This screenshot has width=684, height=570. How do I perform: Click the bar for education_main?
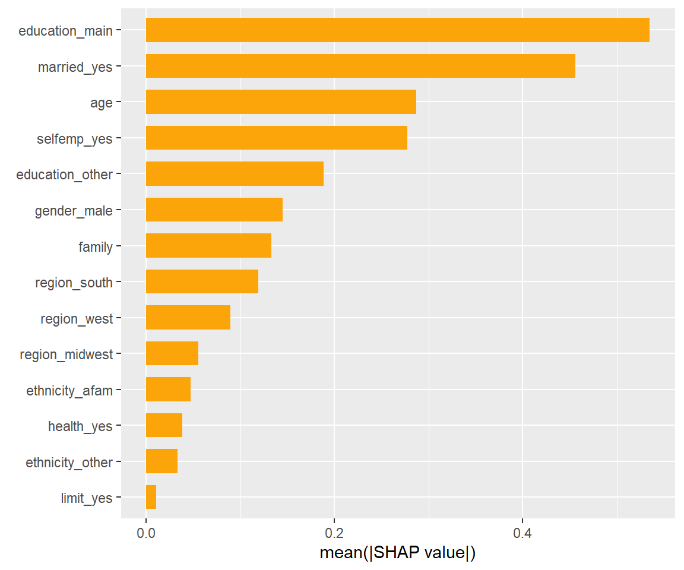(x=397, y=30)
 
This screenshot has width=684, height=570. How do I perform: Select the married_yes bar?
(x=360, y=66)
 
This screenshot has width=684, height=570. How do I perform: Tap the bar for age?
(x=281, y=102)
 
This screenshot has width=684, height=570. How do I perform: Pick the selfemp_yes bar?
(x=276, y=138)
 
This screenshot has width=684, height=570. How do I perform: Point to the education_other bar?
(x=235, y=174)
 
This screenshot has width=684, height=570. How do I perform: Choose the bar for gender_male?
(x=214, y=210)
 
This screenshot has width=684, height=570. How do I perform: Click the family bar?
(x=208, y=246)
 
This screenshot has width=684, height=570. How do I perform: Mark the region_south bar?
(x=202, y=281)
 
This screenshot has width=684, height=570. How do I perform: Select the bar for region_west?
(x=188, y=318)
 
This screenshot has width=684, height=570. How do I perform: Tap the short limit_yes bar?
(x=151, y=497)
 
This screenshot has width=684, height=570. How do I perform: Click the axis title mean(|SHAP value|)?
(x=398, y=553)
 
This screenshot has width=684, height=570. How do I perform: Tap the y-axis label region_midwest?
(x=66, y=354)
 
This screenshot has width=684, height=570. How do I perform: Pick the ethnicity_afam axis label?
(x=69, y=391)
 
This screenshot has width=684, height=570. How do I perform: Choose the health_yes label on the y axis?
(x=80, y=426)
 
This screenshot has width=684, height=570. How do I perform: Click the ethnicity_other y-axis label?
(x=69, y=463)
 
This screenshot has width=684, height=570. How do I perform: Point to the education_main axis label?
(x=65, y=31)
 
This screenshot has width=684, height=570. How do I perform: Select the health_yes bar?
(x=164, y=425)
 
